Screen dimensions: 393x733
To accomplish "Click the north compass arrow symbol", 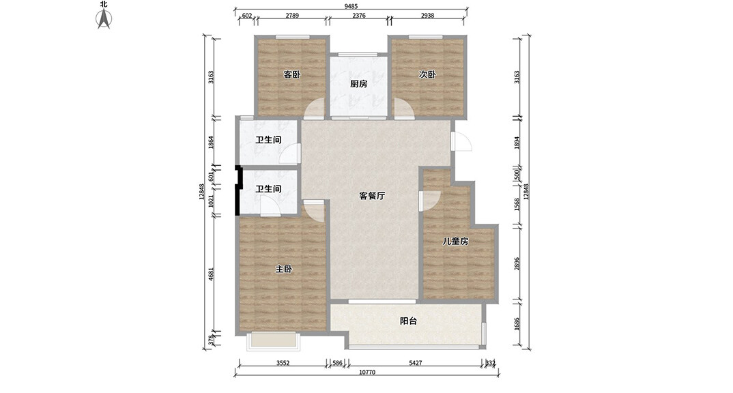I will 104,20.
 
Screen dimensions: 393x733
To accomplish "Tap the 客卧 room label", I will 291,74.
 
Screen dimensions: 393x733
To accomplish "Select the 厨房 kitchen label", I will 358,84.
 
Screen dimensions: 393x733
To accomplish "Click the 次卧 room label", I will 427,74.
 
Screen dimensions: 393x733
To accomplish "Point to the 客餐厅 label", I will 373,196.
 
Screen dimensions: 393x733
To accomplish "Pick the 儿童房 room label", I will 455,241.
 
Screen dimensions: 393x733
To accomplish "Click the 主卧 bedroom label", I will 284,270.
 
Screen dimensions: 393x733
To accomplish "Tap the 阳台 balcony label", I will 408,321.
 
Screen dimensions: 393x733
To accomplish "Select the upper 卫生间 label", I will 268,141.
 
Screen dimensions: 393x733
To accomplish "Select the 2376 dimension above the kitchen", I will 359,16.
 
